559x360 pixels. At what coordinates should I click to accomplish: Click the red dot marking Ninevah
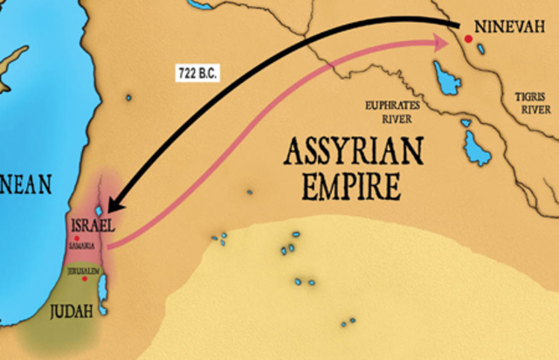[x=469, y=38]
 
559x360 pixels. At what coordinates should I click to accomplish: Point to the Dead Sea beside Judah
[x=103, y=297]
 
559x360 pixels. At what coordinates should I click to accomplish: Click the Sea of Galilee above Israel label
[x=98, y=210]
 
